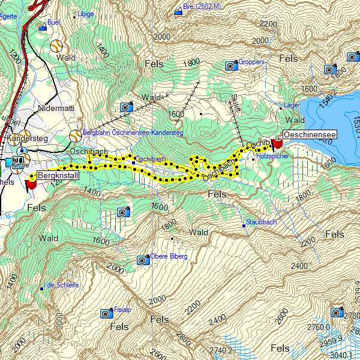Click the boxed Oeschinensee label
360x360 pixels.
(x=309, y=134)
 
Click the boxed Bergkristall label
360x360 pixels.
(x=58, y=176)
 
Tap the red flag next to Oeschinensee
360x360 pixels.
(x=277, y=144)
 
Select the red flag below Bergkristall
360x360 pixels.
(x=31, y=184)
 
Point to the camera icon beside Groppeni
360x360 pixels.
(x=230, y=65)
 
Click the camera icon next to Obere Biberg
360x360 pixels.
(x=143, y=260)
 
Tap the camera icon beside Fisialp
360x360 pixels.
(x=106, y=313)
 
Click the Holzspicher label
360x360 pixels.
(x=272, y=155)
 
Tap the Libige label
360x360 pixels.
(x=86, y=13)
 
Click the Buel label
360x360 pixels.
(x=56, y=22)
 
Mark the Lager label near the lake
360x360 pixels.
(x=292, y=105)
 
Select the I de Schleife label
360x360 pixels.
(x=62, y=285)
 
